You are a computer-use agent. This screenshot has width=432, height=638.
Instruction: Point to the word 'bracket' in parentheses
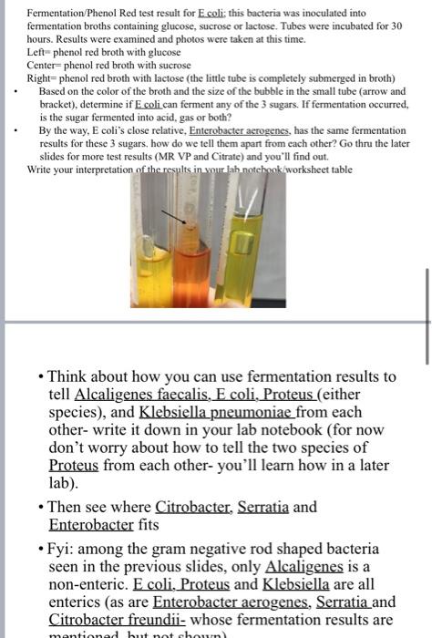click(58, 105)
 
